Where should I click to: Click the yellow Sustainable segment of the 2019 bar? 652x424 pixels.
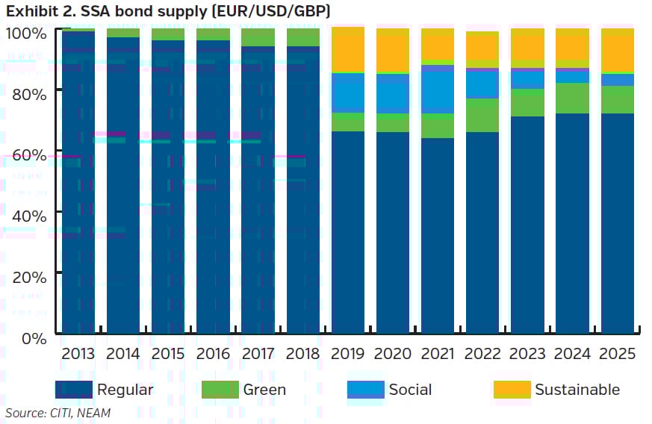coord(347,51)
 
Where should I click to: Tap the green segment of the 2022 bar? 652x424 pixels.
coord(482,115)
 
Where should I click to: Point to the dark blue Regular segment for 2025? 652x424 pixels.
coord(617,223)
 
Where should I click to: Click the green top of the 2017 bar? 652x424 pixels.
coord(258,37)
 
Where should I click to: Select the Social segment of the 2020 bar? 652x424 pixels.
coord(393,93)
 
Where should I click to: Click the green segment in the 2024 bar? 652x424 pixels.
coord(572,98)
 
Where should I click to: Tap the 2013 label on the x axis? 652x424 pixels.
coord(78,353)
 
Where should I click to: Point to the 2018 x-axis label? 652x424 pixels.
coord(302,353)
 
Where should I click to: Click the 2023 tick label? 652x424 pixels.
coord(527,353)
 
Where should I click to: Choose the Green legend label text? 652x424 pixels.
coord(264,390)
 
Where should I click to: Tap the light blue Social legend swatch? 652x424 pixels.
coord(365,390)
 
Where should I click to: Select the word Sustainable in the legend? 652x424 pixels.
coord(577,390)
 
